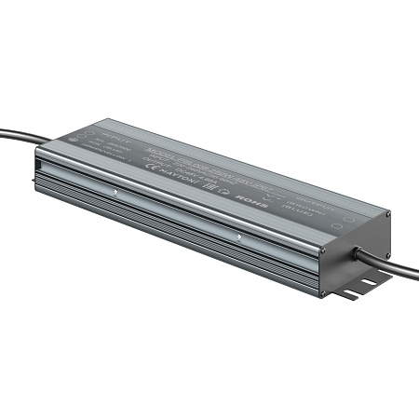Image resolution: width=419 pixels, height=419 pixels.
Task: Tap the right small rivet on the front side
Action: point(239,237)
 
